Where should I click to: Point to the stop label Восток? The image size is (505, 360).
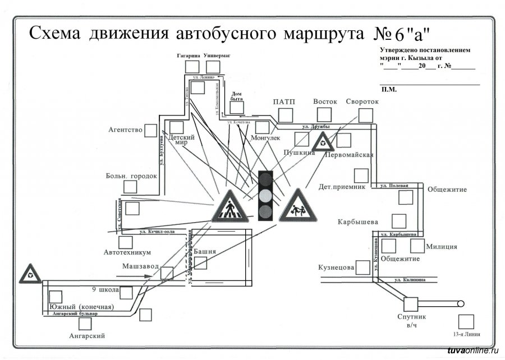pos(325,102)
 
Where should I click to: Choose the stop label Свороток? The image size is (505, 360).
pos(362,102)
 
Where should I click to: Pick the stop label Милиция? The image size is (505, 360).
pos(441,246)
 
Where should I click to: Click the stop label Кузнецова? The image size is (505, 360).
pos(336,268)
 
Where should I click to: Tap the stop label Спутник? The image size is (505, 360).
pos(412,317)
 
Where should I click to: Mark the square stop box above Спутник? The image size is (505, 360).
pos(411,304)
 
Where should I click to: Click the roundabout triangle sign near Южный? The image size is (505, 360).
pos(30,274)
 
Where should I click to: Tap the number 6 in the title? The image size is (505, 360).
pos(398,35)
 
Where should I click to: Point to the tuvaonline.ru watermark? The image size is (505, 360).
pos(472,351)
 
